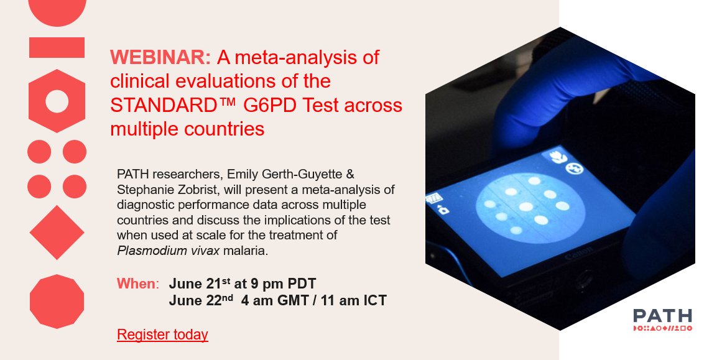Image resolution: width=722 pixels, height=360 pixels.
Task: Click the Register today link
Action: click(x=162, y=335)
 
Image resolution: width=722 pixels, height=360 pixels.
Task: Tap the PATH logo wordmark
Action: click(x=662, y=316)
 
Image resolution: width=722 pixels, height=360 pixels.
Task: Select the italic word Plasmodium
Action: click(x=147, y=251)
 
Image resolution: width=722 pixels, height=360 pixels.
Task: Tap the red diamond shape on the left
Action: click(x=57, y=233)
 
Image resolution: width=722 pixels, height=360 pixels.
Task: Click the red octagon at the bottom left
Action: click(x=57, y=302)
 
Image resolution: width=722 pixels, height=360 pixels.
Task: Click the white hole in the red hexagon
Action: click(x=57, y=101)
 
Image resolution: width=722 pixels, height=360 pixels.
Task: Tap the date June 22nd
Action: click(x=193, y=300)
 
